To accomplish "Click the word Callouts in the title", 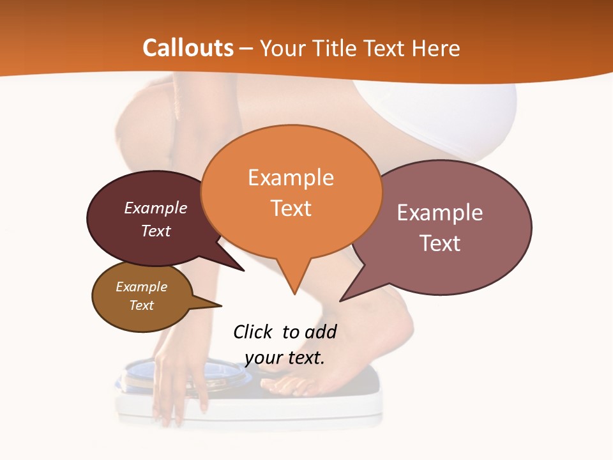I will click(188, 48).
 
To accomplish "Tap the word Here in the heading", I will click(436, 48).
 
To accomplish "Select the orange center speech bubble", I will click(291, 192).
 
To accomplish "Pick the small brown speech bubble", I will click(142, 296).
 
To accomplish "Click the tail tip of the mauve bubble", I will click(341, 300).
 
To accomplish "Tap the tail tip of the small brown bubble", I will click(221, 305).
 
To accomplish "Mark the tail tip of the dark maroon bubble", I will click(243, 270).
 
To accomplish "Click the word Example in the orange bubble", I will click(291, 178).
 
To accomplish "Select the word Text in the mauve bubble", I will click(440, 243).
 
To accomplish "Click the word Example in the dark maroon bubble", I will click(155, 208).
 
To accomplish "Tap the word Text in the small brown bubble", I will click(142, 305).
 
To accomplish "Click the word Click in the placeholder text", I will click(253, 332).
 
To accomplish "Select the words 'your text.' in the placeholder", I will click(285, 358).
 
